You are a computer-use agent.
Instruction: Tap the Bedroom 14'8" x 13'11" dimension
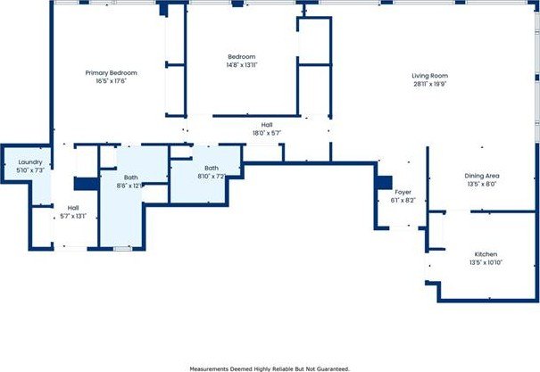coord(242,65)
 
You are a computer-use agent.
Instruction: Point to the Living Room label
coord(429,76)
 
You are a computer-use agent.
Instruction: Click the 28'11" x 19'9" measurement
coord(429,85)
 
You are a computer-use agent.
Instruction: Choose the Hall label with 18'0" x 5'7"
coord(267,125)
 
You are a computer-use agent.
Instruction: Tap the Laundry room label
coord(29,161)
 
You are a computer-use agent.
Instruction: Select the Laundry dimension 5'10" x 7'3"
coord(29,169)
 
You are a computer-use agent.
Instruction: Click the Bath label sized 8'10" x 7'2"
coord(212,168)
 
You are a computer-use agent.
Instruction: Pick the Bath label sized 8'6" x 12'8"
coord(130,178)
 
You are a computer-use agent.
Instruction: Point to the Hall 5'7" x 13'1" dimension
coord(73,216)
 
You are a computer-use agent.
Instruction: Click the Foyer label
coord(403,192)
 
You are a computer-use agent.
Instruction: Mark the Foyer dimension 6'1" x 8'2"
coord(403,200)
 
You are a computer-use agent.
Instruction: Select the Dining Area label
coord(481,177)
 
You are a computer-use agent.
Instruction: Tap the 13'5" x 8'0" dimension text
coord(481,186)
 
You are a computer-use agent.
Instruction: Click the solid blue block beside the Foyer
coord(384,181)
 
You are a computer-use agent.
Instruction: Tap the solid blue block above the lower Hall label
coord(85,184)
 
